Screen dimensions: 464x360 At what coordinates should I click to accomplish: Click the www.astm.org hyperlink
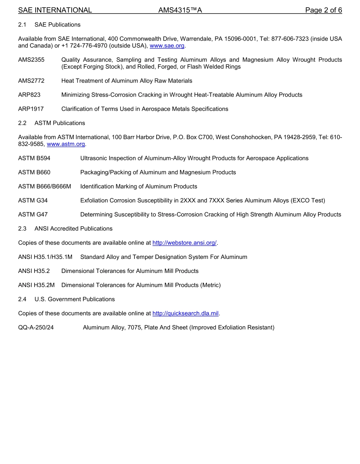coord(66,144)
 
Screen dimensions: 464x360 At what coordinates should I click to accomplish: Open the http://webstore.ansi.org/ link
coord(185,243)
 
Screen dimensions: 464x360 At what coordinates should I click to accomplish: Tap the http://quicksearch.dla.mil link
coord(185,314)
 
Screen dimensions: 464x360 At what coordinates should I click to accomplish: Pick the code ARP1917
coord(31,109)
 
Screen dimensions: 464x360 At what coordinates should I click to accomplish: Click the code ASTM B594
coord(34,158)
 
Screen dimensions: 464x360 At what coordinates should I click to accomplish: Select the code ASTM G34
coord(33,201)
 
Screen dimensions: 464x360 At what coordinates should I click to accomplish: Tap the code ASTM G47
coord(33,215)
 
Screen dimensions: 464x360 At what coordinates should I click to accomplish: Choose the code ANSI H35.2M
coord(36,285)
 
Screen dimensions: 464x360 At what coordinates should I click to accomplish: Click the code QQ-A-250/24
coord(36,328)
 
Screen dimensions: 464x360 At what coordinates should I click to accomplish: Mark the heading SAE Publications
coord(57,25)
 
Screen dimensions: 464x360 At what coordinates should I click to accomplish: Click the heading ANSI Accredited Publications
coord(73,229)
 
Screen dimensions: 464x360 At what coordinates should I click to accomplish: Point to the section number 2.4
coord(22,299)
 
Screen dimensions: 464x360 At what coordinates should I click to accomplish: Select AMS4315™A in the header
coord(180,10)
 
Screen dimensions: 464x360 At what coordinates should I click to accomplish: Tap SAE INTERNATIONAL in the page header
coord(55,10)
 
